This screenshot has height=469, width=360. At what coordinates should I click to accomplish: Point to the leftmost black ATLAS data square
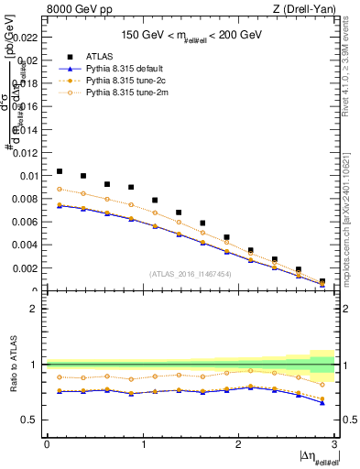pyautogui.click(x=60, y=171)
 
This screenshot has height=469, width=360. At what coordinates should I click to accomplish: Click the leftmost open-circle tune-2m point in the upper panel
pyautogui.click(x=60, y=189)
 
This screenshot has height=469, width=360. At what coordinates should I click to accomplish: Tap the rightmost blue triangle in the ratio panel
pyautogui.click(x=322, y=402)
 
